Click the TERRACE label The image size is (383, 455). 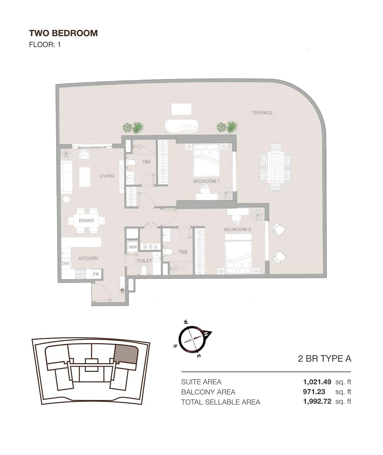click(x=262, y=113)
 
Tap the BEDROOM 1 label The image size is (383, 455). click(x=206, y=181)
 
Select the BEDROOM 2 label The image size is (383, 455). click(x=238, y=229)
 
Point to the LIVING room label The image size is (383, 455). click(x=107, y=176)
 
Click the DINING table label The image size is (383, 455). click(x=86, y=221)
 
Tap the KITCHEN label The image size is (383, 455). click(x=88, y=258)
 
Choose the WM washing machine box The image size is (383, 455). click(x=132, y=247)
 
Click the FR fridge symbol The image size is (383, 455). click(x=96, y=274)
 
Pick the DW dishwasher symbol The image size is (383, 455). click(x=65, y=264)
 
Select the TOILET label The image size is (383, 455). click(x=144, y=261)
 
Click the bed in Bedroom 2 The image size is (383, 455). click(x=238, y=254)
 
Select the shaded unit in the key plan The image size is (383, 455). click(x=127, y=354)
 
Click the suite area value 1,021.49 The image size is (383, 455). click(x=317, y=382)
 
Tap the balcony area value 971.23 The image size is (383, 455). click(x=314, y=392)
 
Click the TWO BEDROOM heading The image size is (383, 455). click(x=63, y=33)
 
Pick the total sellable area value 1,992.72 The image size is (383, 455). click(x=317, y=402)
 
